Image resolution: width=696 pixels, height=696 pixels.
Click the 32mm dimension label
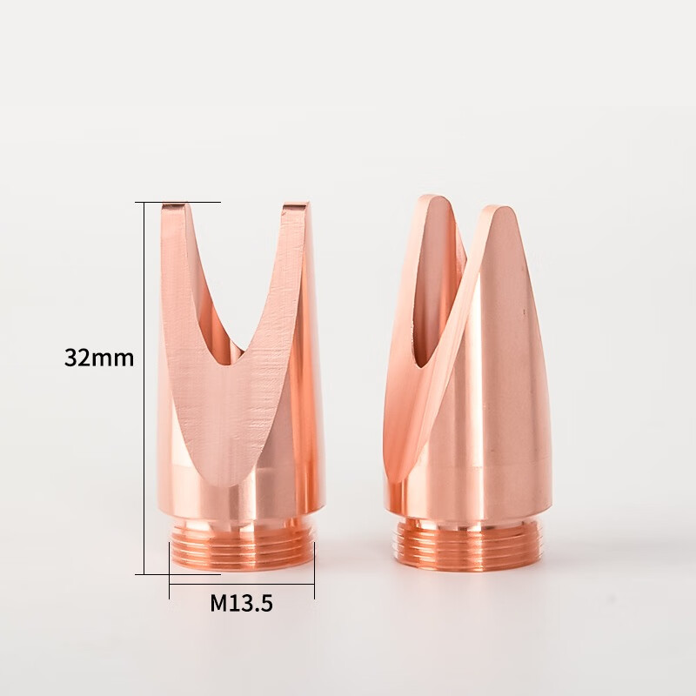[x=99, y=358]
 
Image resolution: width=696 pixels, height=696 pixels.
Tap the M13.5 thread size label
[x=241, y=603]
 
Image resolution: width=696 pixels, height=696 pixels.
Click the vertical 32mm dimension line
[x=144, y=388]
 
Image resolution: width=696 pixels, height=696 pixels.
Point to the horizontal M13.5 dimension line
[x=242, y=585]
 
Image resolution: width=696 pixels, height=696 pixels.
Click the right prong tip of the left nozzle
[x=294, y=205]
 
